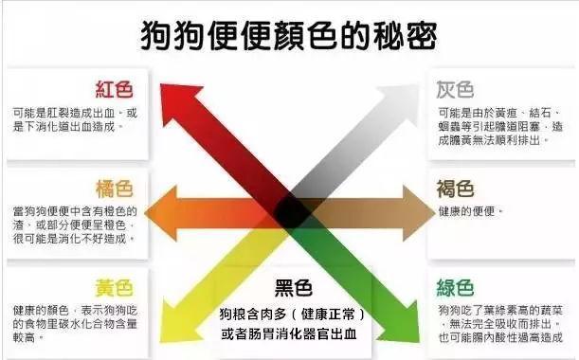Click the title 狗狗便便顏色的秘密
[289, 35]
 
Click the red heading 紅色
[114, 90]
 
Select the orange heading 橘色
[114, 189]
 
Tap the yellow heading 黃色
[114, 287]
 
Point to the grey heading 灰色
[455, 90]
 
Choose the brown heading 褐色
[455, 189]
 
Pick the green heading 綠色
[455, 287]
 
